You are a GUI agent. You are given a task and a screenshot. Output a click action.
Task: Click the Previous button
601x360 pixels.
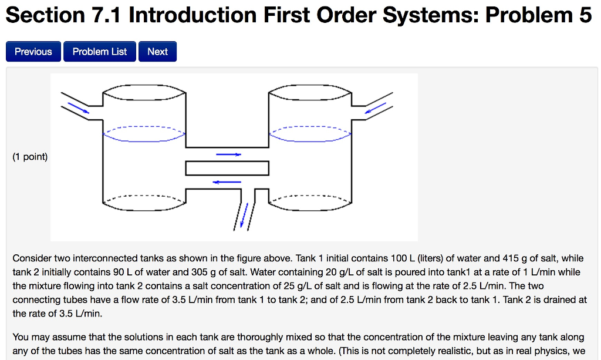tap(33, 52)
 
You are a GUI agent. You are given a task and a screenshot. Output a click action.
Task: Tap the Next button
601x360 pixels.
tap(157, 52)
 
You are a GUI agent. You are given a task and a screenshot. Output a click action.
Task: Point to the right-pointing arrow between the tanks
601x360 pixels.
tap(228, 154)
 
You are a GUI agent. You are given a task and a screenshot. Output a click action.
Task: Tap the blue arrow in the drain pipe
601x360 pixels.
tap(245, 214)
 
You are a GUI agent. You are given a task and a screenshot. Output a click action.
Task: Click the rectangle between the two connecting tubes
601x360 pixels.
tap(227, 168)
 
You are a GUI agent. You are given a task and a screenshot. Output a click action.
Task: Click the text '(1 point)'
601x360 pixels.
tap(30, 157)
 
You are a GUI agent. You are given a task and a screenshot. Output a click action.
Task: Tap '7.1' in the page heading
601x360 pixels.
tap(107, 16)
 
